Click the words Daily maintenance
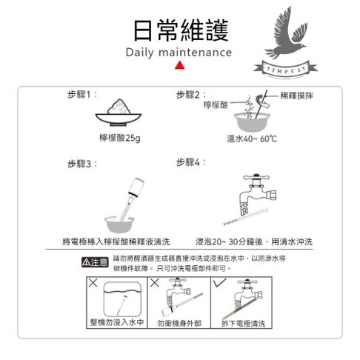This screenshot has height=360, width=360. coord(179,53)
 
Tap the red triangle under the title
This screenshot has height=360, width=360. coord(179,67)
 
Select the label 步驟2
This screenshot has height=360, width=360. coord(190,96)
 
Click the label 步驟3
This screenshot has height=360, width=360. coord(82,163)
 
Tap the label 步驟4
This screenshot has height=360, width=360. coord(190,162)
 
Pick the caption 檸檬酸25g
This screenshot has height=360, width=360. coord(119,139)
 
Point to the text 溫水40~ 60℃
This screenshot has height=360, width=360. coord(251,139)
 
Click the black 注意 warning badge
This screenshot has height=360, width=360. coord(96,261)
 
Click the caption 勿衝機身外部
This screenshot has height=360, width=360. coord(179,324)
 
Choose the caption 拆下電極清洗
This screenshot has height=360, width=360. coord(241,324)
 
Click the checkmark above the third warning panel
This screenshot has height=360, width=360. coord(219,282)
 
